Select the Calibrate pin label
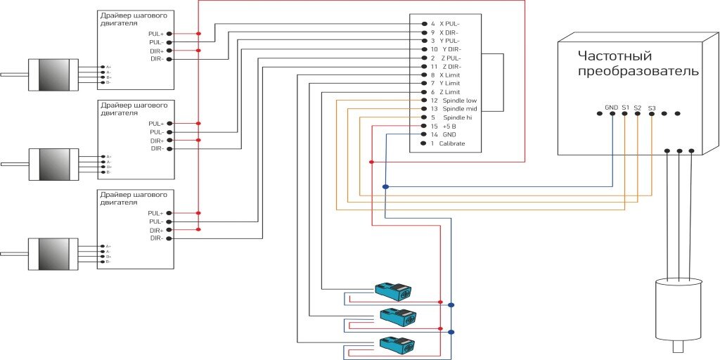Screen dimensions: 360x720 [x=451, y=143]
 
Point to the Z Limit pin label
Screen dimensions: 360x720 [x=449, y=92]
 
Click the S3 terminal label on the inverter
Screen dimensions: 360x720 [x=652, y=108]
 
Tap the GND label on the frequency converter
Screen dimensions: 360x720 [x=611, y=108]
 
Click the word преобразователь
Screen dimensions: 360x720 [x=638, y=71]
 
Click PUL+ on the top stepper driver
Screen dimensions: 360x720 [x=155, y=34]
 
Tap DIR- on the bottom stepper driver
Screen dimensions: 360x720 [x=157, y=238]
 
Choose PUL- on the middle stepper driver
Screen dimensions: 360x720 [x=156, y=131]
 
